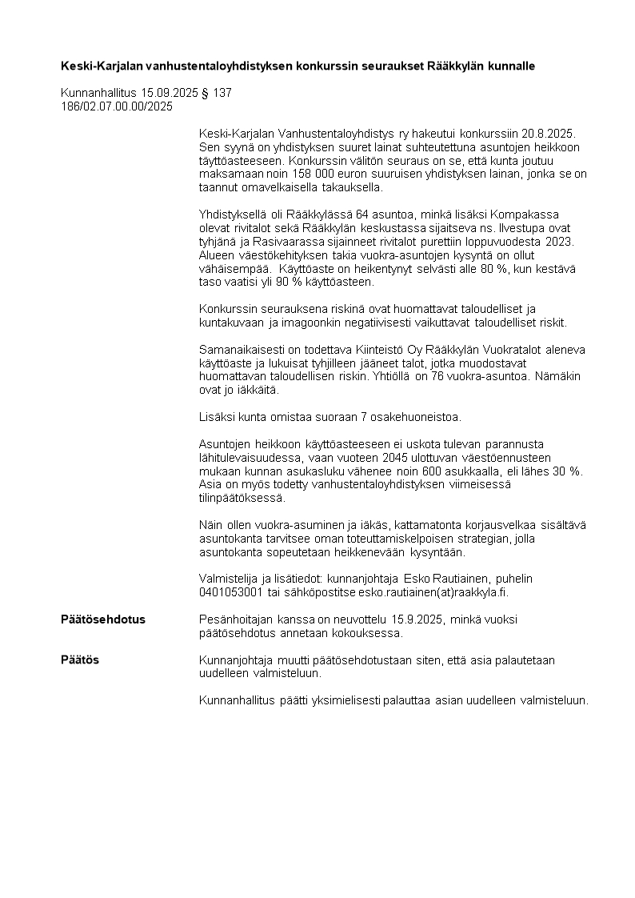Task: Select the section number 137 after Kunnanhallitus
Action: pos(222,93)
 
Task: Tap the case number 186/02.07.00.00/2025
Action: pos(117,105)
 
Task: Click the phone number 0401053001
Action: pos(229,592)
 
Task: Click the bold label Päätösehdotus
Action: pos(103,619)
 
